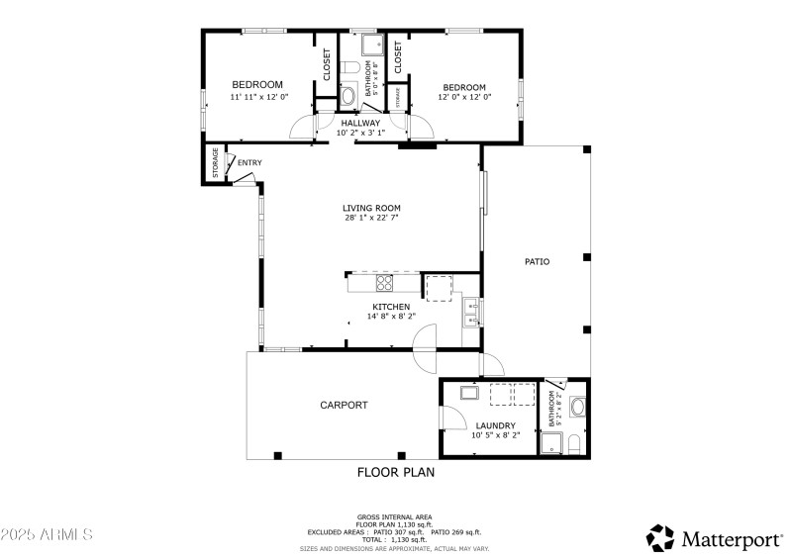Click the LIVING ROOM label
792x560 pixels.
pyautogui.click(x=371, y=208)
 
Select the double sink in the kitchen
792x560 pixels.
pyautogui.click(x=472, y=313)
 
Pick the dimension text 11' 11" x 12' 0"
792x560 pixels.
pyautogui.click(x=258, y=97)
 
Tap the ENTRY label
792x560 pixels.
pyautogui.click(x=249, y=162)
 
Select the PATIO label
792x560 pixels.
pyautogui.click(x=537, y=261)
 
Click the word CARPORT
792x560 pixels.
pyautogui.click(x=344, y=405)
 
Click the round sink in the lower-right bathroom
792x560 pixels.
pyautogui.click(x=577, y=405)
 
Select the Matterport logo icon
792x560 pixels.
pyautogui.click(x=660, y=538)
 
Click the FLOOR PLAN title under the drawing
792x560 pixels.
pyautogui.click(x=395, y=472)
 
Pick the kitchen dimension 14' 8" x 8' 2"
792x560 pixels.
pyautogui.click(x=393, y=317)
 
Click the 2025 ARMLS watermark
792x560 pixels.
pyautogui.click(x=47, y=534)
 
